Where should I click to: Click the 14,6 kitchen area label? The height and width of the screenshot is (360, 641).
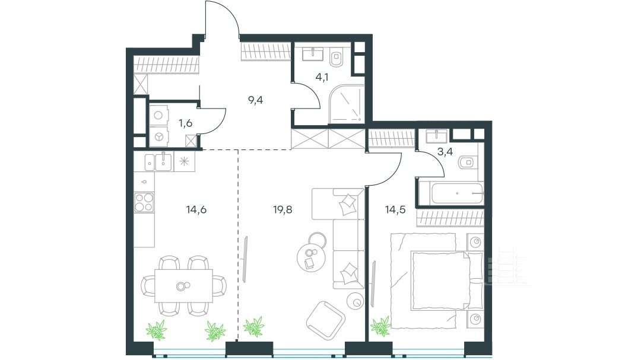[x=196, y=210]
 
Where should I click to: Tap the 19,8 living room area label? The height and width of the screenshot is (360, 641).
[x=283, y=210]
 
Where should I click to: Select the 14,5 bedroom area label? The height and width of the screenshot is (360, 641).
[x=395, y=210]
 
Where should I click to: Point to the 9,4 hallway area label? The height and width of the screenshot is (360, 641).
[x=255, y=100]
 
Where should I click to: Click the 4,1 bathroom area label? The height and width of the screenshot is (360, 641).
[x=322, y=77]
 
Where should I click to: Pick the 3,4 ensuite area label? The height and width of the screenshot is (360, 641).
[x=445, y=152]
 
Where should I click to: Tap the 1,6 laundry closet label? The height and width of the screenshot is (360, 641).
[x=185, y=123]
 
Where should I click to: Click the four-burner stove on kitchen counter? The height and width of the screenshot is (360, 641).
[x=144, y=202]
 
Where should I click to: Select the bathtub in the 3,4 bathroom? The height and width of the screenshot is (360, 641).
[x=458, y=193]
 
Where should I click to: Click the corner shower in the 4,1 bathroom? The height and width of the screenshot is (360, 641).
[x=346, y=103]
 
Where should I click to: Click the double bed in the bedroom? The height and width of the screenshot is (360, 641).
[x=446, y=281]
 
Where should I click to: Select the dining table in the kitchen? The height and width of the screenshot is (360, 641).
[x=183, y=286]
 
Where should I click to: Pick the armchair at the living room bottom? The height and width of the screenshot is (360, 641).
[x=326, y=320]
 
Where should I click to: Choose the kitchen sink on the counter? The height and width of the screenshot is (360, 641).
[x=164, y=161]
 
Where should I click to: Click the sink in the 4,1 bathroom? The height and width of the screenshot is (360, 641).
[x=313, y=53]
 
